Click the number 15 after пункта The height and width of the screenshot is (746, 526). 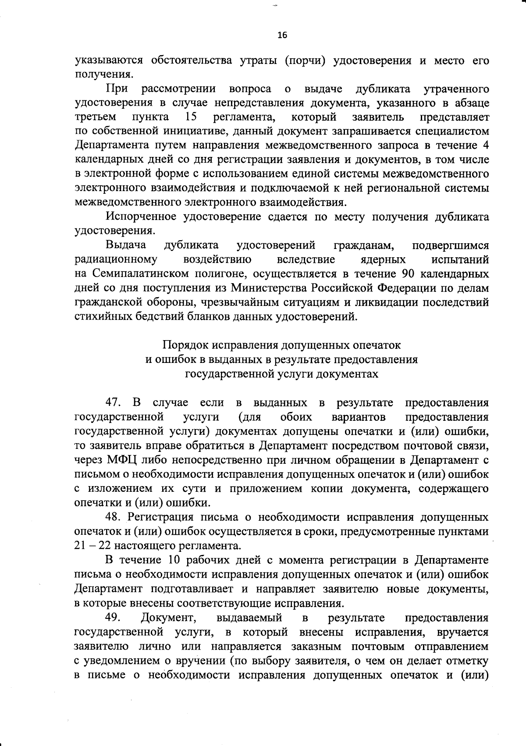pyautogui.click(x=190, y=117)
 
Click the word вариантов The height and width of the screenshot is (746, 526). pyautogui.click(x=359, y=416)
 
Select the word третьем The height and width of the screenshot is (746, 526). pyautogui.click(x=96, y=117)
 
